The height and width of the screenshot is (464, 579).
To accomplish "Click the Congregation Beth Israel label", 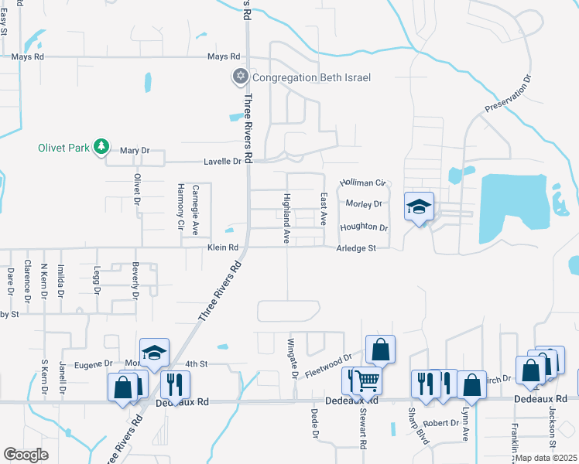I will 311,77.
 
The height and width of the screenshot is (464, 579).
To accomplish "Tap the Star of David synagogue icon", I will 240,77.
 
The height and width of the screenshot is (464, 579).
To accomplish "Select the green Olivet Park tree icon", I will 100,146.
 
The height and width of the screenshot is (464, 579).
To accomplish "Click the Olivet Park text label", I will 63,147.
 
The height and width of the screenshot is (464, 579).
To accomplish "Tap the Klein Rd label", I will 221,248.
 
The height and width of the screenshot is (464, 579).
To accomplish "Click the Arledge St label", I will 355,248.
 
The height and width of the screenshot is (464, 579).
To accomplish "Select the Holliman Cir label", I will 362,183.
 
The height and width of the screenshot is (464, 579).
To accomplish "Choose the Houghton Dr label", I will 363,227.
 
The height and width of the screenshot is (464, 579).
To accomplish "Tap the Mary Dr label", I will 135,151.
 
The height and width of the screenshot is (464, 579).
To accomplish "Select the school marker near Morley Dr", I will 419,207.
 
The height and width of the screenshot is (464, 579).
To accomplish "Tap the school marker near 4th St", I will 154,353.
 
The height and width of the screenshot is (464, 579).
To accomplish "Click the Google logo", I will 26,454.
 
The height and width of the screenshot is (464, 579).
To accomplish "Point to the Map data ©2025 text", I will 545,458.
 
